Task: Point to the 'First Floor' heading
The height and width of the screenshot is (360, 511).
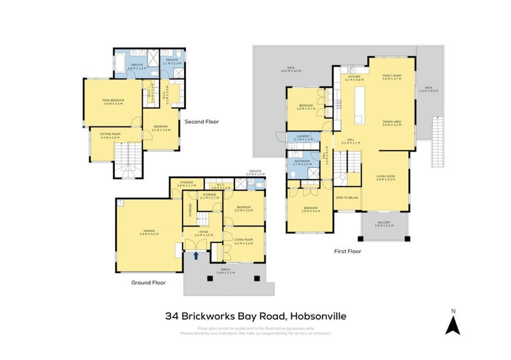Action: point(349,251)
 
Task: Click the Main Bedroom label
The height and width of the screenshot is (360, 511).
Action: point(112,102)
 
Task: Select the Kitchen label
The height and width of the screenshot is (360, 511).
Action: point(354,77)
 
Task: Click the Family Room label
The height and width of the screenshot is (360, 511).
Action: point(391,77)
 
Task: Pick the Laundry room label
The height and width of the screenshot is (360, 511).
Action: point(303,137)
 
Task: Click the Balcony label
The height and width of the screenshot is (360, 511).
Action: point(385,224)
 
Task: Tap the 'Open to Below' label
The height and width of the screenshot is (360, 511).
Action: point(347,198)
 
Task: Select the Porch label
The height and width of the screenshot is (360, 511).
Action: point(225,271)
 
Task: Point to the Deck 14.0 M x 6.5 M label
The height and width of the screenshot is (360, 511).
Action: point(289,71)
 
